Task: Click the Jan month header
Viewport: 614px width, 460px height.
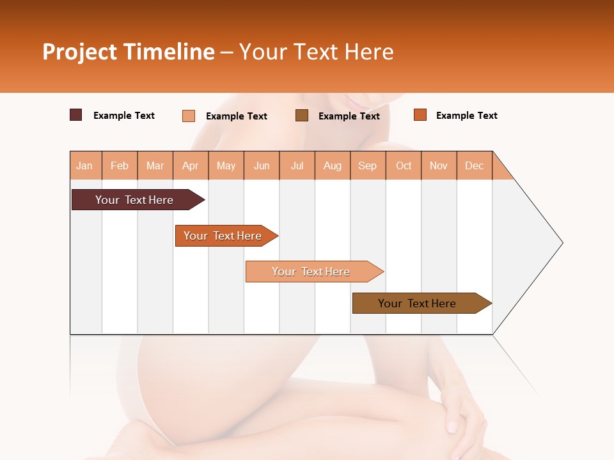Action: tap(84, 165)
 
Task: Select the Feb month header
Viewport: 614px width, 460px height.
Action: tap(120, 165)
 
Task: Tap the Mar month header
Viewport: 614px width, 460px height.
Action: tap(155, 165)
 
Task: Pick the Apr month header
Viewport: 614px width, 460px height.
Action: tap(191, 165)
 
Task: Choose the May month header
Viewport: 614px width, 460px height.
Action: tap(226, 165)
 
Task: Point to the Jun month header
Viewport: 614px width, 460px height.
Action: tap(262, 165)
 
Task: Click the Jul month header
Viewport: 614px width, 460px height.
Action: tap(297, 165)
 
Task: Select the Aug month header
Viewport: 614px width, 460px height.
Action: tap(333, 165)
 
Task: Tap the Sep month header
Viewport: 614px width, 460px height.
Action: tap(368, 165)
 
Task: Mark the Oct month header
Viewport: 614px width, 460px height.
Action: tap(404, 165)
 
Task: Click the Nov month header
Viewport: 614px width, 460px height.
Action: tap(439, 165)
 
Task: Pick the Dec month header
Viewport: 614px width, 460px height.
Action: tap(475, 165)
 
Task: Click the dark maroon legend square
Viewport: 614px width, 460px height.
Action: tap(76, 115)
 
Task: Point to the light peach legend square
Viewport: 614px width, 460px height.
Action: tap(189, 116)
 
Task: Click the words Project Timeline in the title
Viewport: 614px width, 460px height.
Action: tap(129, 52)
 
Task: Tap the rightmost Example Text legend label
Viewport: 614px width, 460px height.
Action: tap(466, 115)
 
